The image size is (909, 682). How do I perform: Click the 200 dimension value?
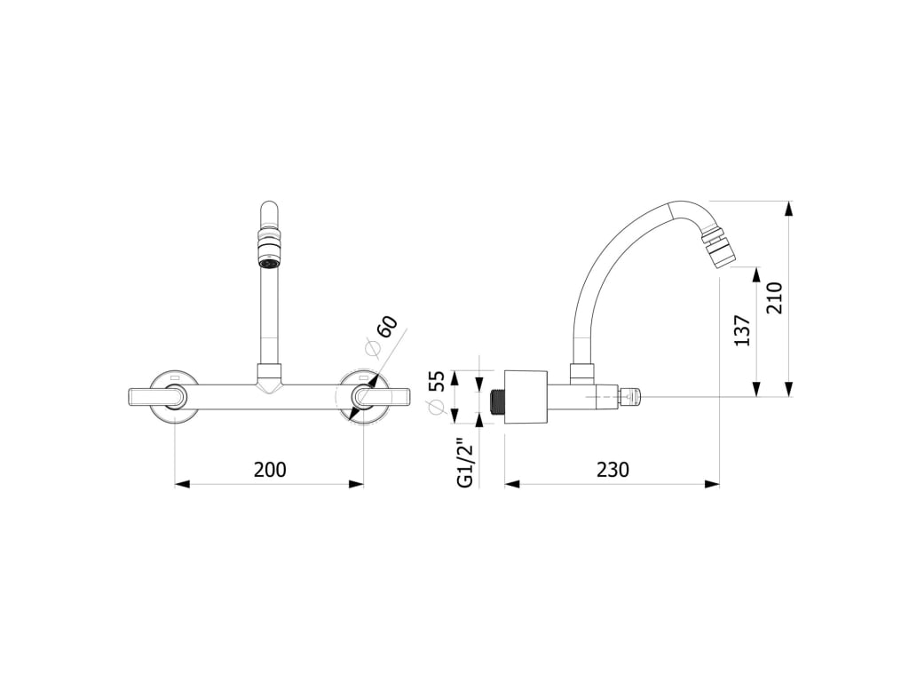[x=270, y=470]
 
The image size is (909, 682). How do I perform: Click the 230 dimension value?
[x=613, y=470]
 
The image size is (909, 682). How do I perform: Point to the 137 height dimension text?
[x=743, y=329]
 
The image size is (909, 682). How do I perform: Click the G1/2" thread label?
[x=464, y=463]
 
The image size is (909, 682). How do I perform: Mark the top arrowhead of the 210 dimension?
[x=788, y=210]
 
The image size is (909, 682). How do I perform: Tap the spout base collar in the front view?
[x=269, y=374]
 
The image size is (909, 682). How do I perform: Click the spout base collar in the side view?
[x=581, y=374]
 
